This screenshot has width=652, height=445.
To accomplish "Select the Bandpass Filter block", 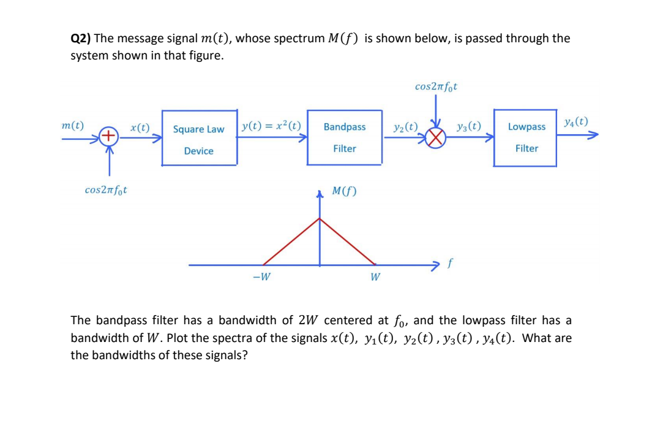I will point(345,137).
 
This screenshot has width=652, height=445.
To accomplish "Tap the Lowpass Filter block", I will point(526,137).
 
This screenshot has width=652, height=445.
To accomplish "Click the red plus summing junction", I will point(108,135).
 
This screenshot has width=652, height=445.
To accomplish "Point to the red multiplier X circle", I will point(435,140).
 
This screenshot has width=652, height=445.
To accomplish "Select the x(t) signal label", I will point(140,127).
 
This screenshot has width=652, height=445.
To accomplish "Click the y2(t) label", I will point(405,127).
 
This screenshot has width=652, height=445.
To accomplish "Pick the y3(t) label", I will point(468,127).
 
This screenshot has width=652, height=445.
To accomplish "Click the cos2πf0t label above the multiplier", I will point(436,86).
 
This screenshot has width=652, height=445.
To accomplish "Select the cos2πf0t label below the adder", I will point(106,190).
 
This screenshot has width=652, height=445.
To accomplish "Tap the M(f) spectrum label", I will point(344,191).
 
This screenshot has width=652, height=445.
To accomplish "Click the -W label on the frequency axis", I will point(261,276).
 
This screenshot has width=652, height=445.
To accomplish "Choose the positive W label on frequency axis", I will point(375,277).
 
